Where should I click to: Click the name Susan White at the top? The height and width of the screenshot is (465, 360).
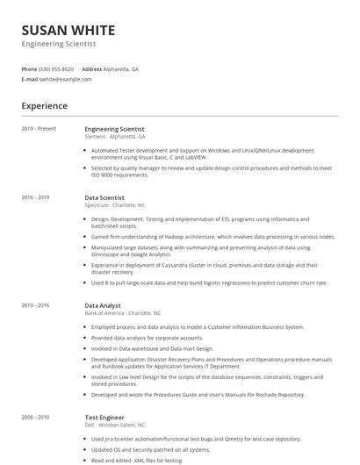click(x=68, y=29)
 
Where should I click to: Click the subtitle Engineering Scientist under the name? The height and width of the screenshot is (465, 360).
click(x=59, y=43)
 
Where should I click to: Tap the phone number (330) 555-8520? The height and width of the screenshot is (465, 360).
click(x=56, y=68)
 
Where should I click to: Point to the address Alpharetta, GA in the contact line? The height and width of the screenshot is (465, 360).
click(x=122, y=68)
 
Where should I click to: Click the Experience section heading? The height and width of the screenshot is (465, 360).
click(x=45, y=106)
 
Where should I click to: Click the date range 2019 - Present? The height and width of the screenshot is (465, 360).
click(x=39, y=129)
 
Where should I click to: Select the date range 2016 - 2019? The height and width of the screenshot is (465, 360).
click(x=35, y=198)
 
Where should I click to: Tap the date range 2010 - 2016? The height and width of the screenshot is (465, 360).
click(x=35, y=305)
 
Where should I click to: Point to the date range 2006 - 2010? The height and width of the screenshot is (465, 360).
click(x=35, y=418)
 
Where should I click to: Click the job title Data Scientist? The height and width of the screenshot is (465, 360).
click(x=104, y=198)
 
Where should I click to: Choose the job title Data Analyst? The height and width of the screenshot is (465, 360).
click(x=103, y=305)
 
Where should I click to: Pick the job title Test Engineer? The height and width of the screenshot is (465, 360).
click(x=104, y=418)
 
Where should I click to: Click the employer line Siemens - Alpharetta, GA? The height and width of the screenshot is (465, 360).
click(x=115, y=136)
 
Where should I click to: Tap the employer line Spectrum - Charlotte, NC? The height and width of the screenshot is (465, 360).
click(x=115, y=205)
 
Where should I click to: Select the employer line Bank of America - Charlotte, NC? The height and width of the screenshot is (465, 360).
click(x=123, y=312)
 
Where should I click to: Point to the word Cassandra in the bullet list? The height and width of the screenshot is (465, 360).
click(x=166, y=264)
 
